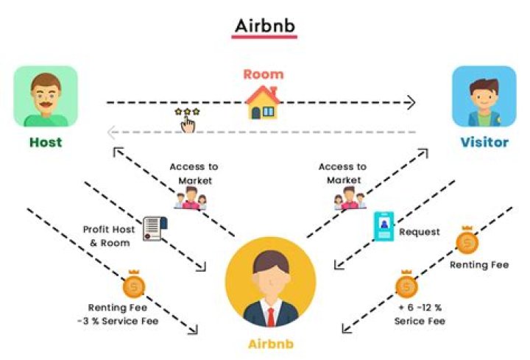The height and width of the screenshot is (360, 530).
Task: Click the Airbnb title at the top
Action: (x=265, y=25)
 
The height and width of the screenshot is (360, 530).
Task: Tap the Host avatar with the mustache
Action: (x=45, y=96)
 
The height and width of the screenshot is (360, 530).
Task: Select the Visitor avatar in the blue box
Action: (x=483, y=96)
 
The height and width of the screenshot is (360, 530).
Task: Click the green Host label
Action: (x=45, y=142)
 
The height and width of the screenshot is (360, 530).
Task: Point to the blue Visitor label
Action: (x=484, y=142)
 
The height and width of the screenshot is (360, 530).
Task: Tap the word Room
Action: (x=263, y=74)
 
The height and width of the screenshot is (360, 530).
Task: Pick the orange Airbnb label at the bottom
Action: (x=270, y=344)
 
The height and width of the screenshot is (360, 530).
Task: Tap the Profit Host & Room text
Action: (x=109, y=236)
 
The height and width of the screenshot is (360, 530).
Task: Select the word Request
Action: (x=419, y=232)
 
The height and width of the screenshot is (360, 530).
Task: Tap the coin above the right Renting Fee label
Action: (x=467, y=241)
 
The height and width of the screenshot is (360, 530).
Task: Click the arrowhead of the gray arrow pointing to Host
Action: (x=110, y=133)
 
